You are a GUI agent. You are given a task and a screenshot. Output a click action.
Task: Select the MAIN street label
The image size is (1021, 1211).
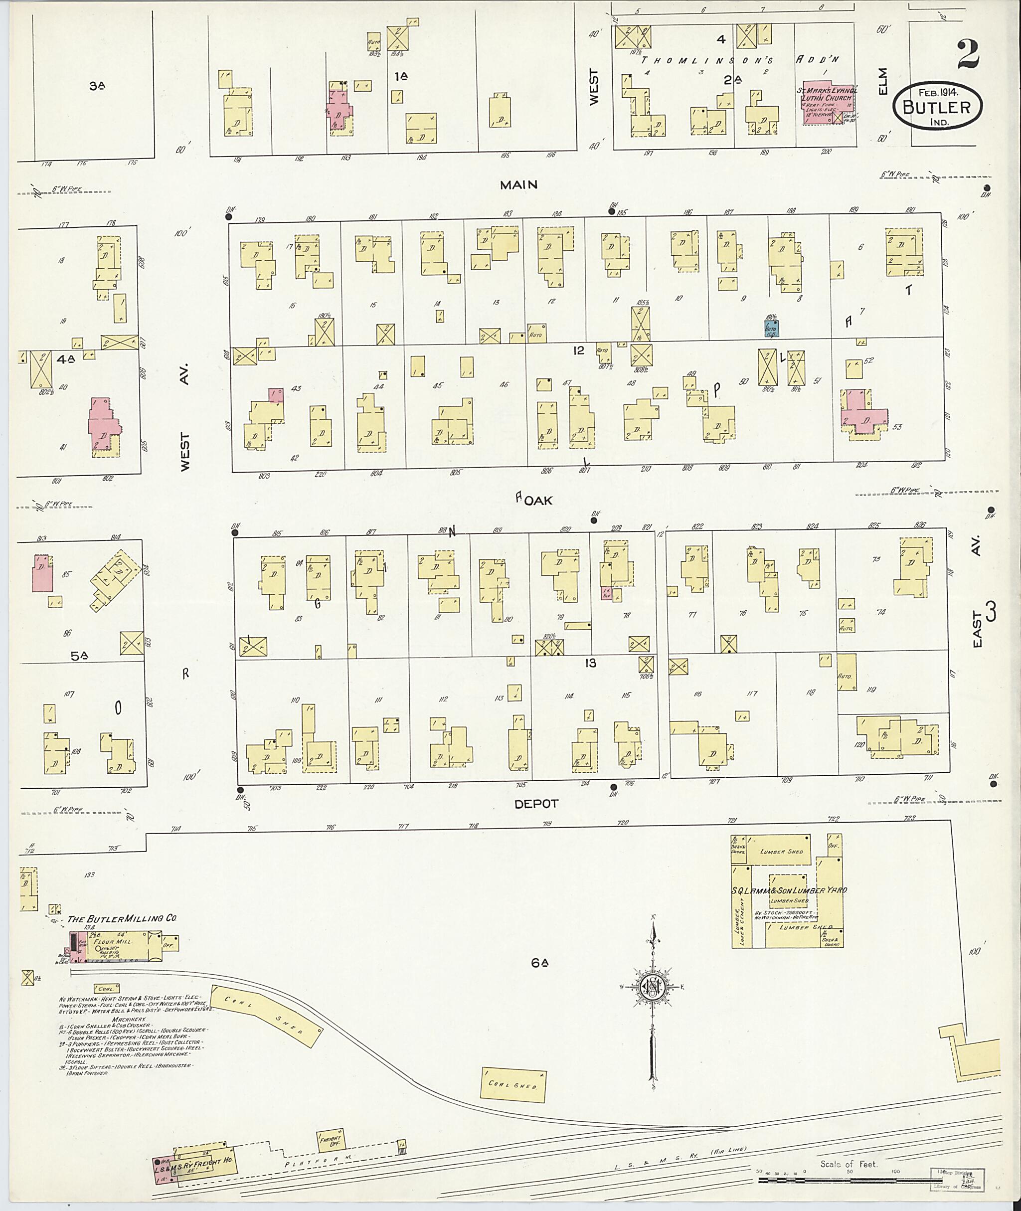[518, 184]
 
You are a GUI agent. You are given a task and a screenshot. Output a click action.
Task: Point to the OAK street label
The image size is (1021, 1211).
[538, 501]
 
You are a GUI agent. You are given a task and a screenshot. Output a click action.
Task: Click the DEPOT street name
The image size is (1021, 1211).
[536, 804]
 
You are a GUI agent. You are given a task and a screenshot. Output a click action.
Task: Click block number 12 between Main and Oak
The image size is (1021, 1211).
[578, 350]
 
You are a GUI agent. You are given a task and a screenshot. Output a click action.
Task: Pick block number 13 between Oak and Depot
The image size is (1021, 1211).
[590, 663]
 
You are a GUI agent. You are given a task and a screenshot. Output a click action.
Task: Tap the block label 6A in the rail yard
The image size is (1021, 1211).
[539, 963]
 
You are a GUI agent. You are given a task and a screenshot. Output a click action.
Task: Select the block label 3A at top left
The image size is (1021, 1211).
[97, 86]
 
